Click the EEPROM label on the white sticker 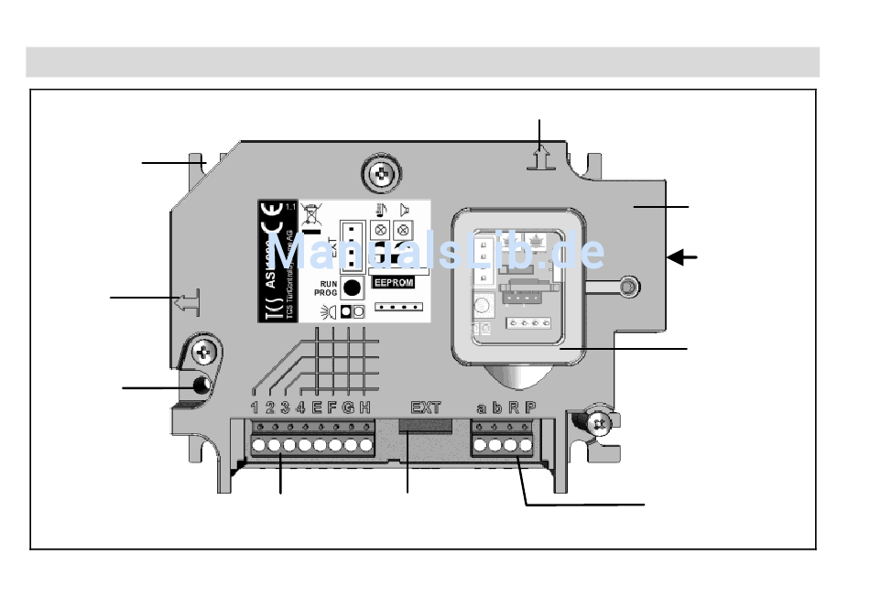pyautogui.click(x=394, y=283)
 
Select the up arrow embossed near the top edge pyautogui.click(x=540, y=158)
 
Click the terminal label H pyautogui.click(x=364, y=408)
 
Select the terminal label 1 pyautogui.click(x=256, y=408)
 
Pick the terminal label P pyautogui.click(x=530, y=408)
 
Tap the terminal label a pyautogui.click(x=482, y=408)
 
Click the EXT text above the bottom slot pyautogui.click(x=425, y=408)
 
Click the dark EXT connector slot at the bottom pyautogui.click(x=425, y=425)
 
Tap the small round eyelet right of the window pyautogui.click(x=626, y=288)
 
